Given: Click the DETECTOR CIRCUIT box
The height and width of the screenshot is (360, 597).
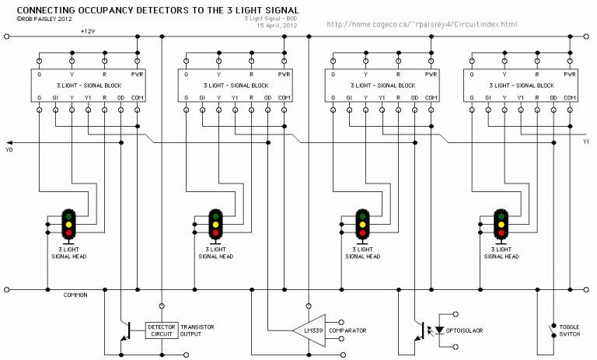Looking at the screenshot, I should pyautogui.click(x=162, y=330).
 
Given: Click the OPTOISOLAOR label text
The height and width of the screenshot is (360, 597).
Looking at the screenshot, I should pyautogui.click(x=465, y=330).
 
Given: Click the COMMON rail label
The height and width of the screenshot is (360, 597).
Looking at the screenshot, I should pyautogui.click(x=75, y=295).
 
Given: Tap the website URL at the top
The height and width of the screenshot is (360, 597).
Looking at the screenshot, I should pyautogui.click(x=422, y=24).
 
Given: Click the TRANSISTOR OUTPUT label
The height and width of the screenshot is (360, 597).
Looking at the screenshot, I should pyautogui.click(x=197, y=330).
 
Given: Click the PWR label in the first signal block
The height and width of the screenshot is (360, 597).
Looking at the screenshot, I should pyautogui.click(x=137, y=74).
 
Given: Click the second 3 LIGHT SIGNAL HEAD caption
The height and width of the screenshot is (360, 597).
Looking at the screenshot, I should pyautogui.click(x=214, y=253).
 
